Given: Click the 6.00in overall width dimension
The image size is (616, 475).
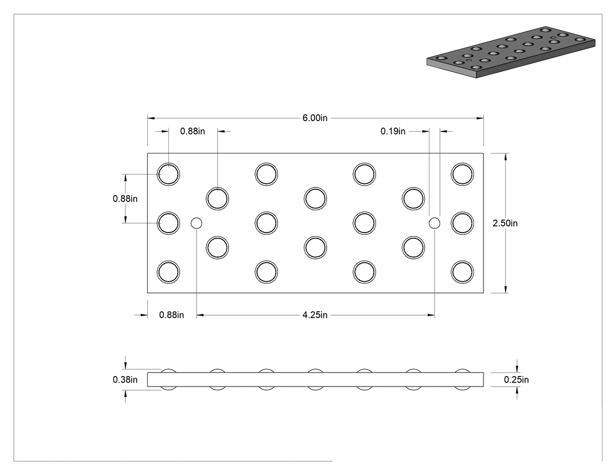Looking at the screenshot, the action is pos(314,118).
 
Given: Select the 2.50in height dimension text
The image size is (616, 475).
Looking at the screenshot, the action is pos(505,223).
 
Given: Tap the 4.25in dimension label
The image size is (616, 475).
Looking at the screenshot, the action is pos(314,315).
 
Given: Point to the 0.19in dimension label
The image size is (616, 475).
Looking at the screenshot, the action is pos(393,131).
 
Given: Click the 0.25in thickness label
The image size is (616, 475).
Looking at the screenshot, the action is pos(516,380).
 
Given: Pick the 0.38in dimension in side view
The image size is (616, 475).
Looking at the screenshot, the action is pos(125,380).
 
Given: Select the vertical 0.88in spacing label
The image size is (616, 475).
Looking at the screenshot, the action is pos(125,199).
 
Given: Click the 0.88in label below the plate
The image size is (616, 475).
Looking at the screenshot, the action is pos(171,315).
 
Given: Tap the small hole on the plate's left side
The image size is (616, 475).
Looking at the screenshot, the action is pos(197,223).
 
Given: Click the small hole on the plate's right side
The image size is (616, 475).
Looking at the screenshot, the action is pos(434,223).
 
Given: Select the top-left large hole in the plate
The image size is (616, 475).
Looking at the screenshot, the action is pos(168,174).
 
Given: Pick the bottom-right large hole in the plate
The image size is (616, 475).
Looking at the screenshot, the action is pos(462,272).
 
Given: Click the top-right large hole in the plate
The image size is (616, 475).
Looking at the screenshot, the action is pos(462,174).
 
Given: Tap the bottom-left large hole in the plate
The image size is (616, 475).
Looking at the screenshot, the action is pos(168,272).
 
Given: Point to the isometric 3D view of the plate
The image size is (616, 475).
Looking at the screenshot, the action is pos(511,52).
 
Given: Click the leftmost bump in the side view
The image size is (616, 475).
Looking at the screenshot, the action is pos(168,370).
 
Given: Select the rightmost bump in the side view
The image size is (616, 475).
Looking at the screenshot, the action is pos(462,370).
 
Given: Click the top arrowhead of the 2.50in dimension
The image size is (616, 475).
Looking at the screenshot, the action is pos(505,157).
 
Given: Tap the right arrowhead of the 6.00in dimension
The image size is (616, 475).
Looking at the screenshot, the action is pos(480,118).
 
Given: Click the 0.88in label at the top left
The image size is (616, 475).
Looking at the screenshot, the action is pos(192,131).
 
